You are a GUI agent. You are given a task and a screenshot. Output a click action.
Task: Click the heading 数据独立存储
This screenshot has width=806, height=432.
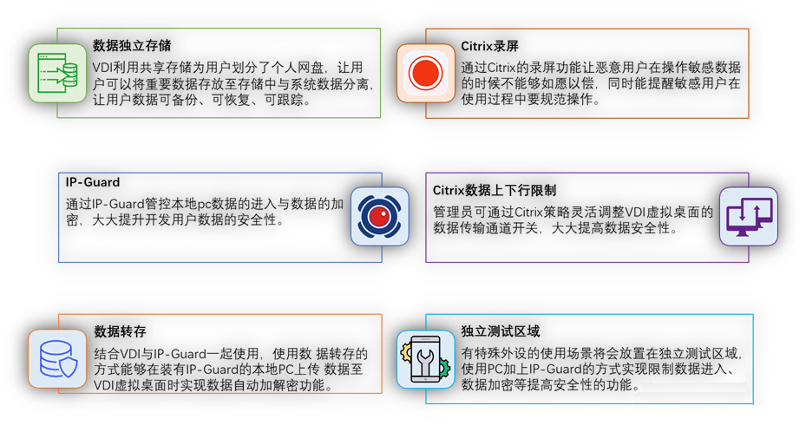click(x=132, y=46)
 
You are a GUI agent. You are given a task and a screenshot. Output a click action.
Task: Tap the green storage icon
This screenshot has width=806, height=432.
click(x=57, y=73)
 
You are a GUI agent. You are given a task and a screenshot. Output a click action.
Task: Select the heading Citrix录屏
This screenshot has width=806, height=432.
click(x=489, y=46)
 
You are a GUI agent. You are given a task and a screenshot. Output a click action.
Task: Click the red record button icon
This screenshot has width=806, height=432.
click(x=426, y=73)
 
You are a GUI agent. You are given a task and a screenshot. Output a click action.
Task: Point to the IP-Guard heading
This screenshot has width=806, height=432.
click(x=93, y=182)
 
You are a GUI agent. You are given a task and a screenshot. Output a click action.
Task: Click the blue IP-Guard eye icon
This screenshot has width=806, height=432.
click(x=380, y=216)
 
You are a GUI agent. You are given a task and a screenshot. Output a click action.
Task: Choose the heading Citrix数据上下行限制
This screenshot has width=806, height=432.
click(x=494, y=191)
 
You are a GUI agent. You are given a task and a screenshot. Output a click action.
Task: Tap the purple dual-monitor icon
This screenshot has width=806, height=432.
click(x=749, y=216)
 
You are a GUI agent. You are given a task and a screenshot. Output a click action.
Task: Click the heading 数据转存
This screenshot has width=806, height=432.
click(x=120, y=331)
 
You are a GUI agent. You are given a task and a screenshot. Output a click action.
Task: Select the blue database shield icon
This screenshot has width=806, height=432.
click(x=57, y=358)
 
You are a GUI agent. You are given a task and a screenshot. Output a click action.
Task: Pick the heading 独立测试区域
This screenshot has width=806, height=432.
click(x=500, y=331)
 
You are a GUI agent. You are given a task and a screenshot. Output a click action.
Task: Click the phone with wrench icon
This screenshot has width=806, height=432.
click(x=425, y=359)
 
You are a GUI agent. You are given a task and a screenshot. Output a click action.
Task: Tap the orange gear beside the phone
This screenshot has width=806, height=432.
click(x=405, y=351)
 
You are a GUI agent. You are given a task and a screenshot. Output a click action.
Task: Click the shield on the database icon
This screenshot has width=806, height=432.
click(x=69, y=368)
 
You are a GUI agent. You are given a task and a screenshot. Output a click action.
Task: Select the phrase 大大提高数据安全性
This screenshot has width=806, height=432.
click(x=611, y=228)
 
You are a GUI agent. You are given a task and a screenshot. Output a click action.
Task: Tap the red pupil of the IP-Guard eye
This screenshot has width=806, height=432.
click(x=380, y=216)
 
